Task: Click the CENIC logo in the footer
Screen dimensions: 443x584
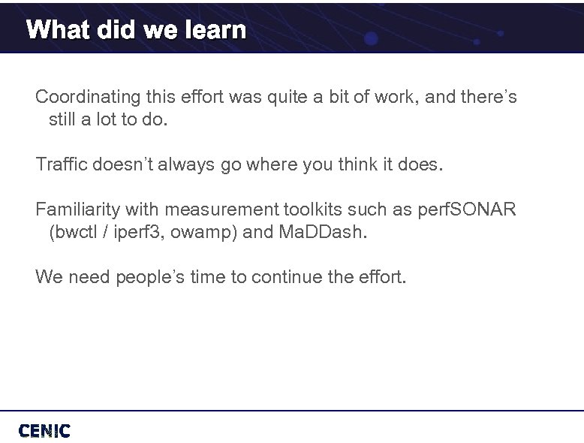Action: [x=44, y=430]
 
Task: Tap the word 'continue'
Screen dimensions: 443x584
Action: [x=287, y=277]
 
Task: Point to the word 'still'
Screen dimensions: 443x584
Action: [x=64, y=119]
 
